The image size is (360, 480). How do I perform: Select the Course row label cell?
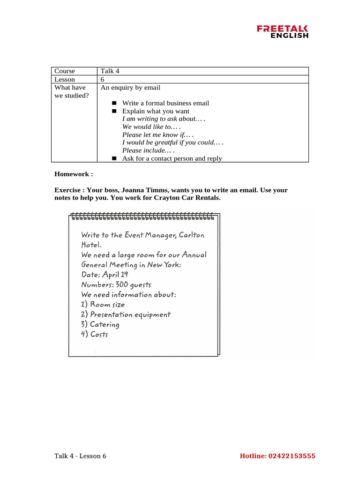click(65, 71)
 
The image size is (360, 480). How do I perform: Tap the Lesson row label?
click(65, 80)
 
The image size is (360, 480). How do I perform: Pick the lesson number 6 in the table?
click(102, 80)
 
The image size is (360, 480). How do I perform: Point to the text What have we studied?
click(71, 91)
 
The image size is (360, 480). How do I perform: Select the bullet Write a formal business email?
click(165, 103)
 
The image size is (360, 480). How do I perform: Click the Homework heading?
click(74, 174)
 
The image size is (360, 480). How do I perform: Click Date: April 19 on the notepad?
click(105, 275)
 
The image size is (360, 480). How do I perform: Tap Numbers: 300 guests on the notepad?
click(116, 285)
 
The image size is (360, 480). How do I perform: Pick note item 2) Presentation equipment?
click(126, 315)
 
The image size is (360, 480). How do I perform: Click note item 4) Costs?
click(94, 334)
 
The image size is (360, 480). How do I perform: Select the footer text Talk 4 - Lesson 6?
click(80, 456)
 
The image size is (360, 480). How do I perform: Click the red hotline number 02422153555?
click(292, 456)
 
